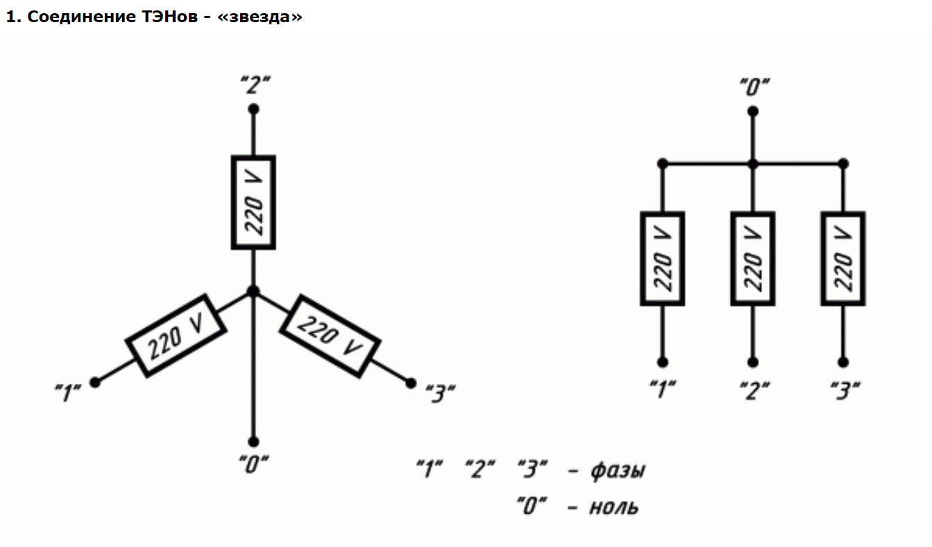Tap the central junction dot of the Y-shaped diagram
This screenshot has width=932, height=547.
coord(253,291)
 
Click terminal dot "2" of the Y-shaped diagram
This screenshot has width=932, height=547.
coord(253,109)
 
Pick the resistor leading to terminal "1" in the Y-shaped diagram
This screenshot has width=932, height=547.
coord(176,335)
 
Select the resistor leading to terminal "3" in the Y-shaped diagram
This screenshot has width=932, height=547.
coord(330,335)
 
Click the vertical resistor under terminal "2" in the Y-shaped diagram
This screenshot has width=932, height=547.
coord(253,202)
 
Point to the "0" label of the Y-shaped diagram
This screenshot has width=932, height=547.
coord(253,464)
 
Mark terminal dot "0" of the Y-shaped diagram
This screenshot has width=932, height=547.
coord(253,441)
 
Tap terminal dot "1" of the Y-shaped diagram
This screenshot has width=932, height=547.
coord(95,382)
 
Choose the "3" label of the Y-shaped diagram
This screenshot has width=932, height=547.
coord(439,393)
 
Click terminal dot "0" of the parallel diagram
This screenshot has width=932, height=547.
coord(753,110)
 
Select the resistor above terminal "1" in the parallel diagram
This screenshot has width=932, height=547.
coord(662,259)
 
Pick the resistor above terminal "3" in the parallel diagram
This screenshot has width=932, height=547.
coord(842,259)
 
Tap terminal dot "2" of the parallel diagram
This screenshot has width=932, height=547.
coord(753,362)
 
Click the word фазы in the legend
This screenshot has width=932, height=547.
coord(617,470)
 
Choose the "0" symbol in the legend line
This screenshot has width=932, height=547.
coord(532,505)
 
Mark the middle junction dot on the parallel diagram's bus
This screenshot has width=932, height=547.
coord(753,164)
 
